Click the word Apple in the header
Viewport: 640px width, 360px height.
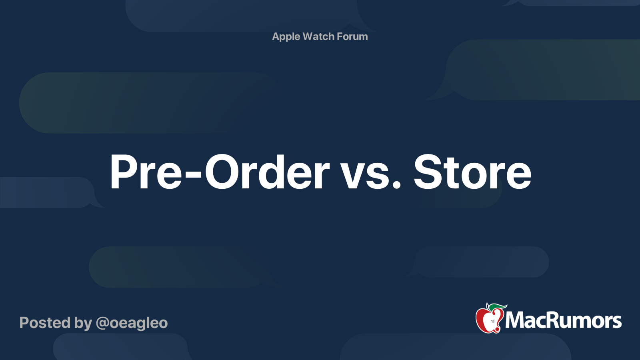tap(286, 37)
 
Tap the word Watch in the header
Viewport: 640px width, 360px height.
tap(318, 36)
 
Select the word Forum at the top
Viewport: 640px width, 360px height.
tap(352, 36)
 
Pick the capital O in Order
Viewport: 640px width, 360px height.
tap(225, 172)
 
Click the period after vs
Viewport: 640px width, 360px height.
tap(396, 185)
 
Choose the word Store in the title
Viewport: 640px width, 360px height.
tap(472, 172)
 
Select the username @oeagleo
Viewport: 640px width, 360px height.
tap(132, 323)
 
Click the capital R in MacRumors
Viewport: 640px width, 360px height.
tap(556, 320)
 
